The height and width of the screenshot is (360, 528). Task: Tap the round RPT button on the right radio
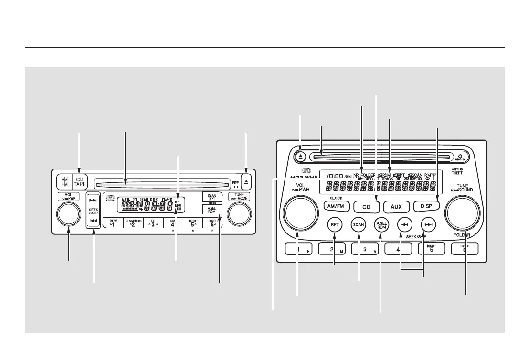point(334,224)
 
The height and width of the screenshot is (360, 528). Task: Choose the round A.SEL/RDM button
point(380,224)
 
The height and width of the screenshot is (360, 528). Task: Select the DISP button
point(425,206)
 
